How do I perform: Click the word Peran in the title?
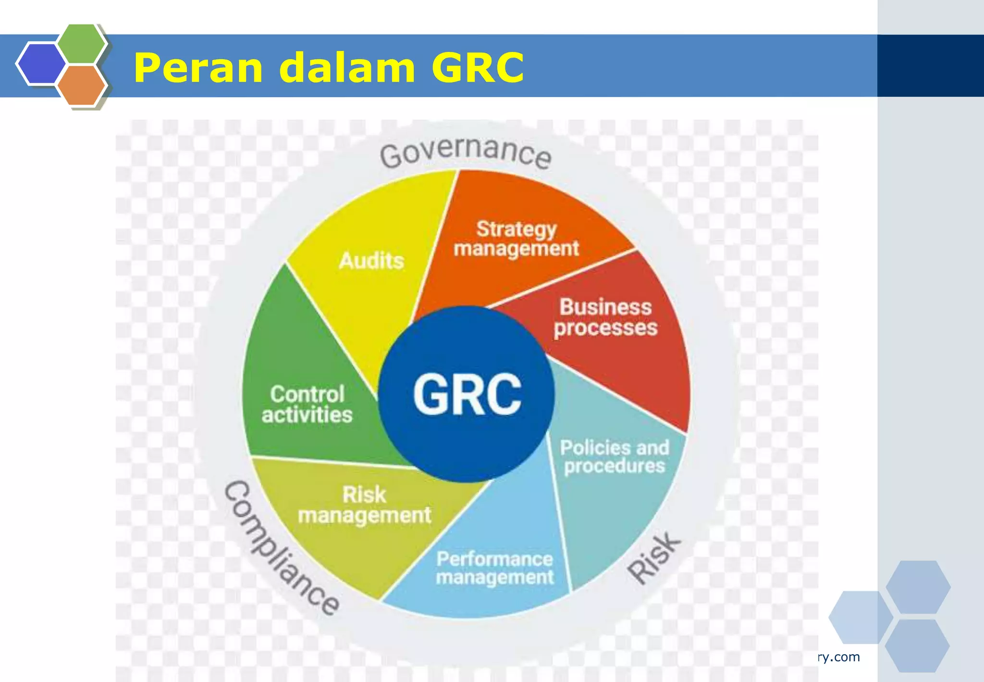[197, 68]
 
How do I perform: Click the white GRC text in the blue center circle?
[467, 394]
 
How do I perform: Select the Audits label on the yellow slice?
[371, 261]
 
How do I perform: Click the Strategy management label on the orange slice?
[516, 239]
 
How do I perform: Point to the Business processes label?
[605, 317]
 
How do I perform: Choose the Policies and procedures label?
[615, 457]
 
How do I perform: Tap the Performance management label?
[495, 568]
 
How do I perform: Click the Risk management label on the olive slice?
[364, 505]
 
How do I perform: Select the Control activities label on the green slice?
[307, 404]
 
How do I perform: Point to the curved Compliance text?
[281, 549]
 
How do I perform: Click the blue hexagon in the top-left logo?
[40, 63]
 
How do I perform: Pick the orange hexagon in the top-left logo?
[82, 85]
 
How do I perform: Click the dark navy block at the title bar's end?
[930, 66]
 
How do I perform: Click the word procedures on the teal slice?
[615, 467]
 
